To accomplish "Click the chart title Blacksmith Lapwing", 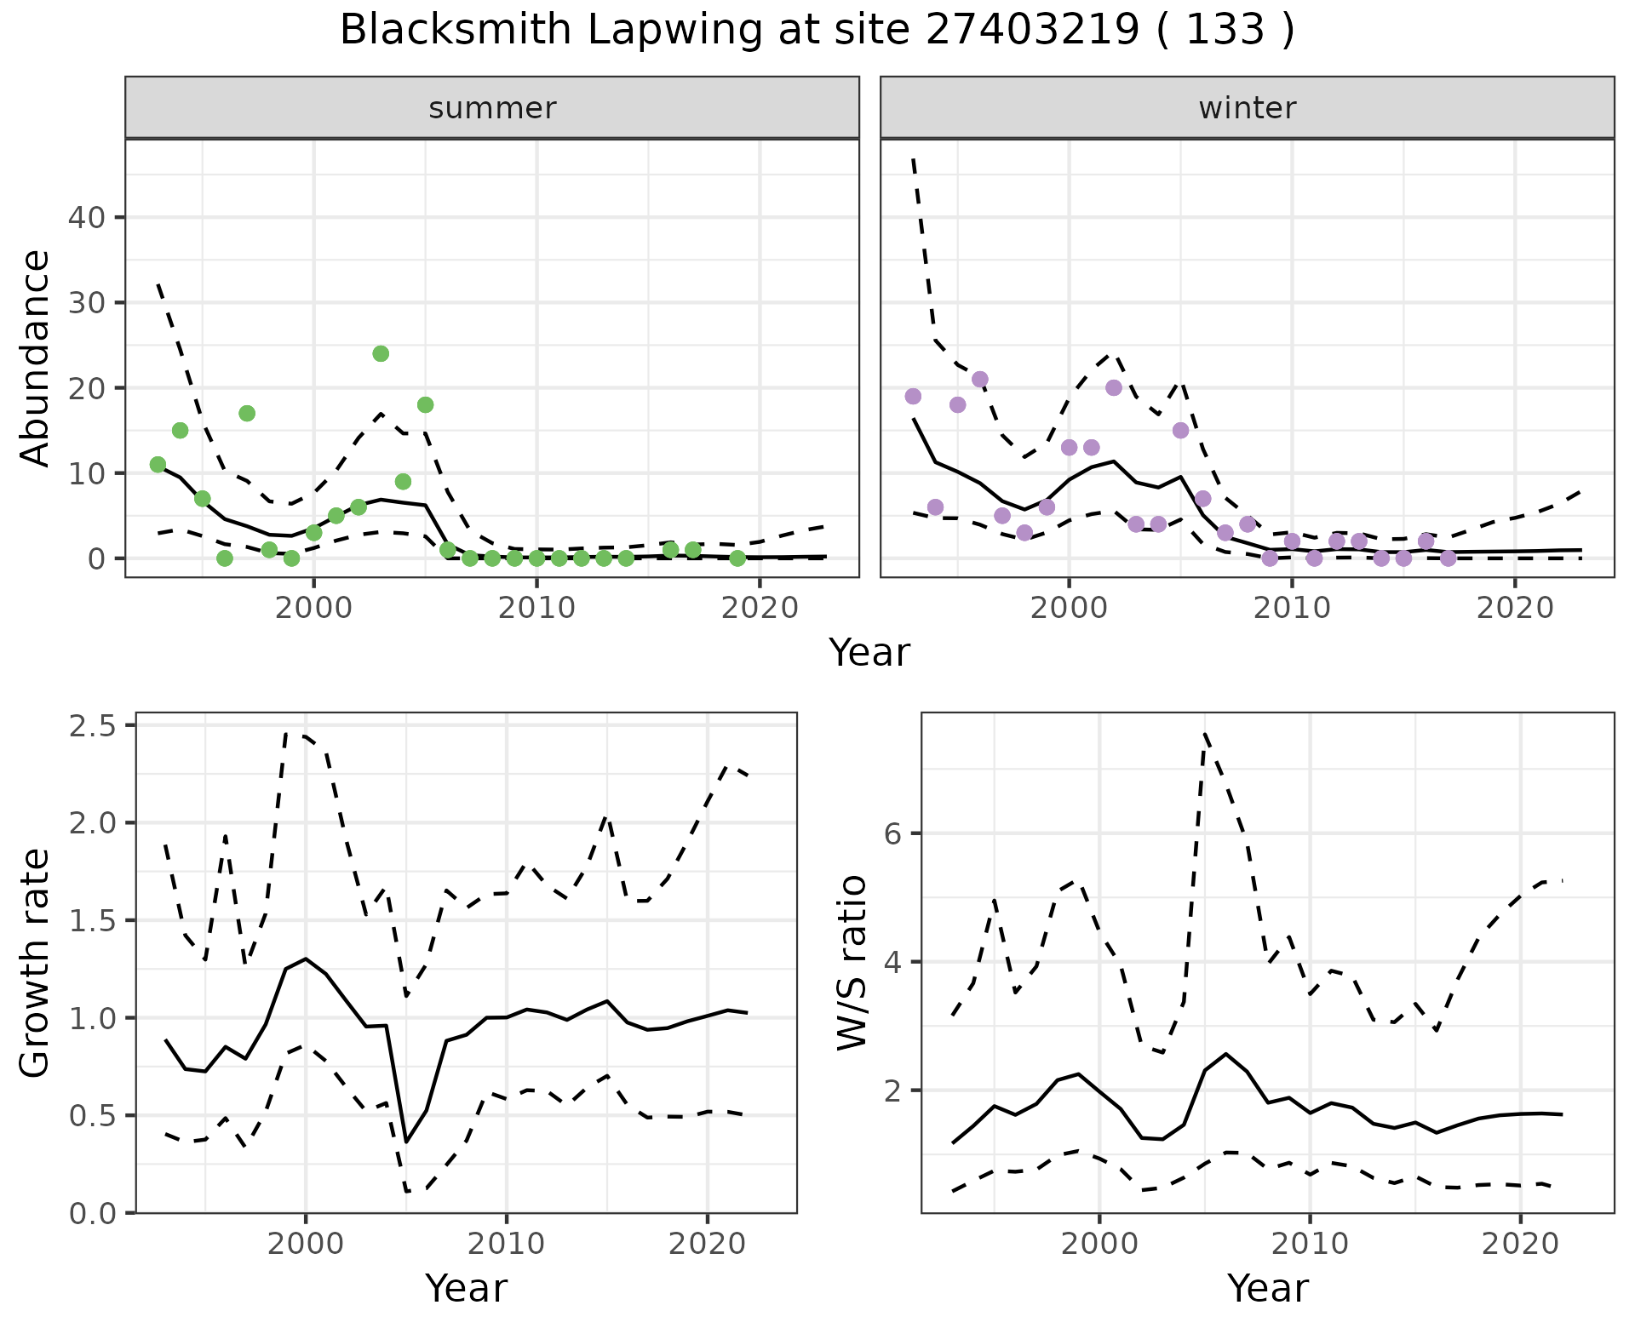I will pyautogui.click(x=817, y=30).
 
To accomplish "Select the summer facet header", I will pyautogui.click(x=492, y=108).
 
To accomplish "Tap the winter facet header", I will pyautogui.click(x=1247, y=108).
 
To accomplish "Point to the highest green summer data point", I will pyautogui.click(x=381, y=353).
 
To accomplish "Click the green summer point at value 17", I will pyautogui.click(x=247, y=414).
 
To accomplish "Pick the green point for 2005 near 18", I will pyautogui.click(x=426, y=405).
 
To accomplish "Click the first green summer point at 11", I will pyautogui.click(x=158, y=465).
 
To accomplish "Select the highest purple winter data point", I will pyautogui.click(x=980, y=380).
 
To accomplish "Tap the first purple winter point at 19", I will pyautogui.click(x=913, y=397).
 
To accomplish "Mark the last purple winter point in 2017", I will pyautogui.click(x=1448, y=558).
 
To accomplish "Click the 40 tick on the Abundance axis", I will pyautogui.click(x=85, y=218).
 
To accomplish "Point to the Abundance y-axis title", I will pyautogui.click(x=35, y=358).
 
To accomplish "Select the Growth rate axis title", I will pyautogui.click(x=35, y=964).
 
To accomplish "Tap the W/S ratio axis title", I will pyautogui.click(x=852, y=962).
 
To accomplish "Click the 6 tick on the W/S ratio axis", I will pyautogui.click(x=893, y=833).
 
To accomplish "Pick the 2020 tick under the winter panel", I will pyautogui.click(x=1515, y=608).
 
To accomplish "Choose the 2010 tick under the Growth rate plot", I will pyautogui.click(x=507, y=1244).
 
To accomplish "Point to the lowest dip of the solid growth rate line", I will pyautogui.click(x=406, y=1142).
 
